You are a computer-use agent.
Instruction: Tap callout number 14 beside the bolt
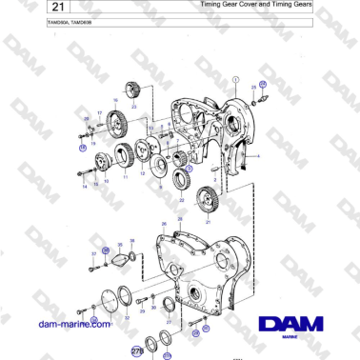(x=84, y=186)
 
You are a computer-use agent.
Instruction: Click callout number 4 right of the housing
(x=257, y=155)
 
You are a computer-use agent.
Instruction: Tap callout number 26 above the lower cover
(x=164, y=224)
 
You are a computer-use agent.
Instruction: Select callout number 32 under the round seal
(x=127, y=317)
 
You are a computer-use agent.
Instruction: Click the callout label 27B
(x=136, y=351)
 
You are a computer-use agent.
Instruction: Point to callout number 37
(x=94, y=254)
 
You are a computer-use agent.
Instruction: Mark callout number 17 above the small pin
(x=98, y=112)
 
